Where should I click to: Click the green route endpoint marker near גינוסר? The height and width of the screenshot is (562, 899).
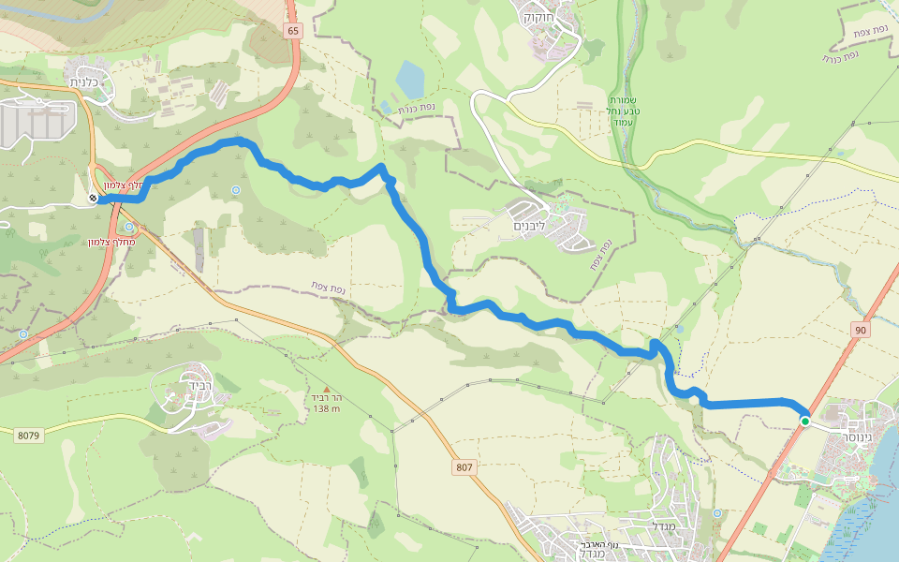tap(804, 421)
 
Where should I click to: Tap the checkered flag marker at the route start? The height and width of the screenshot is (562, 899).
tap(93, 198)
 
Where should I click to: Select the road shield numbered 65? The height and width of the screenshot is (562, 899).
tap(294, 31)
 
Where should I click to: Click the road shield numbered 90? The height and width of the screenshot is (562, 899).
tap(861, 330)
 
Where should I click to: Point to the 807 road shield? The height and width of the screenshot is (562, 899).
tap(465, 466)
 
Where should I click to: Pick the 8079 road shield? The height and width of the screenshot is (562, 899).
tap(30, 435)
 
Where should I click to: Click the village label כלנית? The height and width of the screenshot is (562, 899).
tap(92, 82)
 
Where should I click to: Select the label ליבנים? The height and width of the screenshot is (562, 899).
tap(529, 227)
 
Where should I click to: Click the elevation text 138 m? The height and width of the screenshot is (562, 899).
tap(326, 408)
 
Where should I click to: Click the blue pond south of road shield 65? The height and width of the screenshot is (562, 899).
tap(410, 80)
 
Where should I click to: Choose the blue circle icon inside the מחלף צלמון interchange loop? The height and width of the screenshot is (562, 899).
tap(128, 226)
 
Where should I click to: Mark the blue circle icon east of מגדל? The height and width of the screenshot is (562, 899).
tap(717, 513)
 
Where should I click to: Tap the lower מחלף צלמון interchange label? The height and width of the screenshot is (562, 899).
tap(111, 243)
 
